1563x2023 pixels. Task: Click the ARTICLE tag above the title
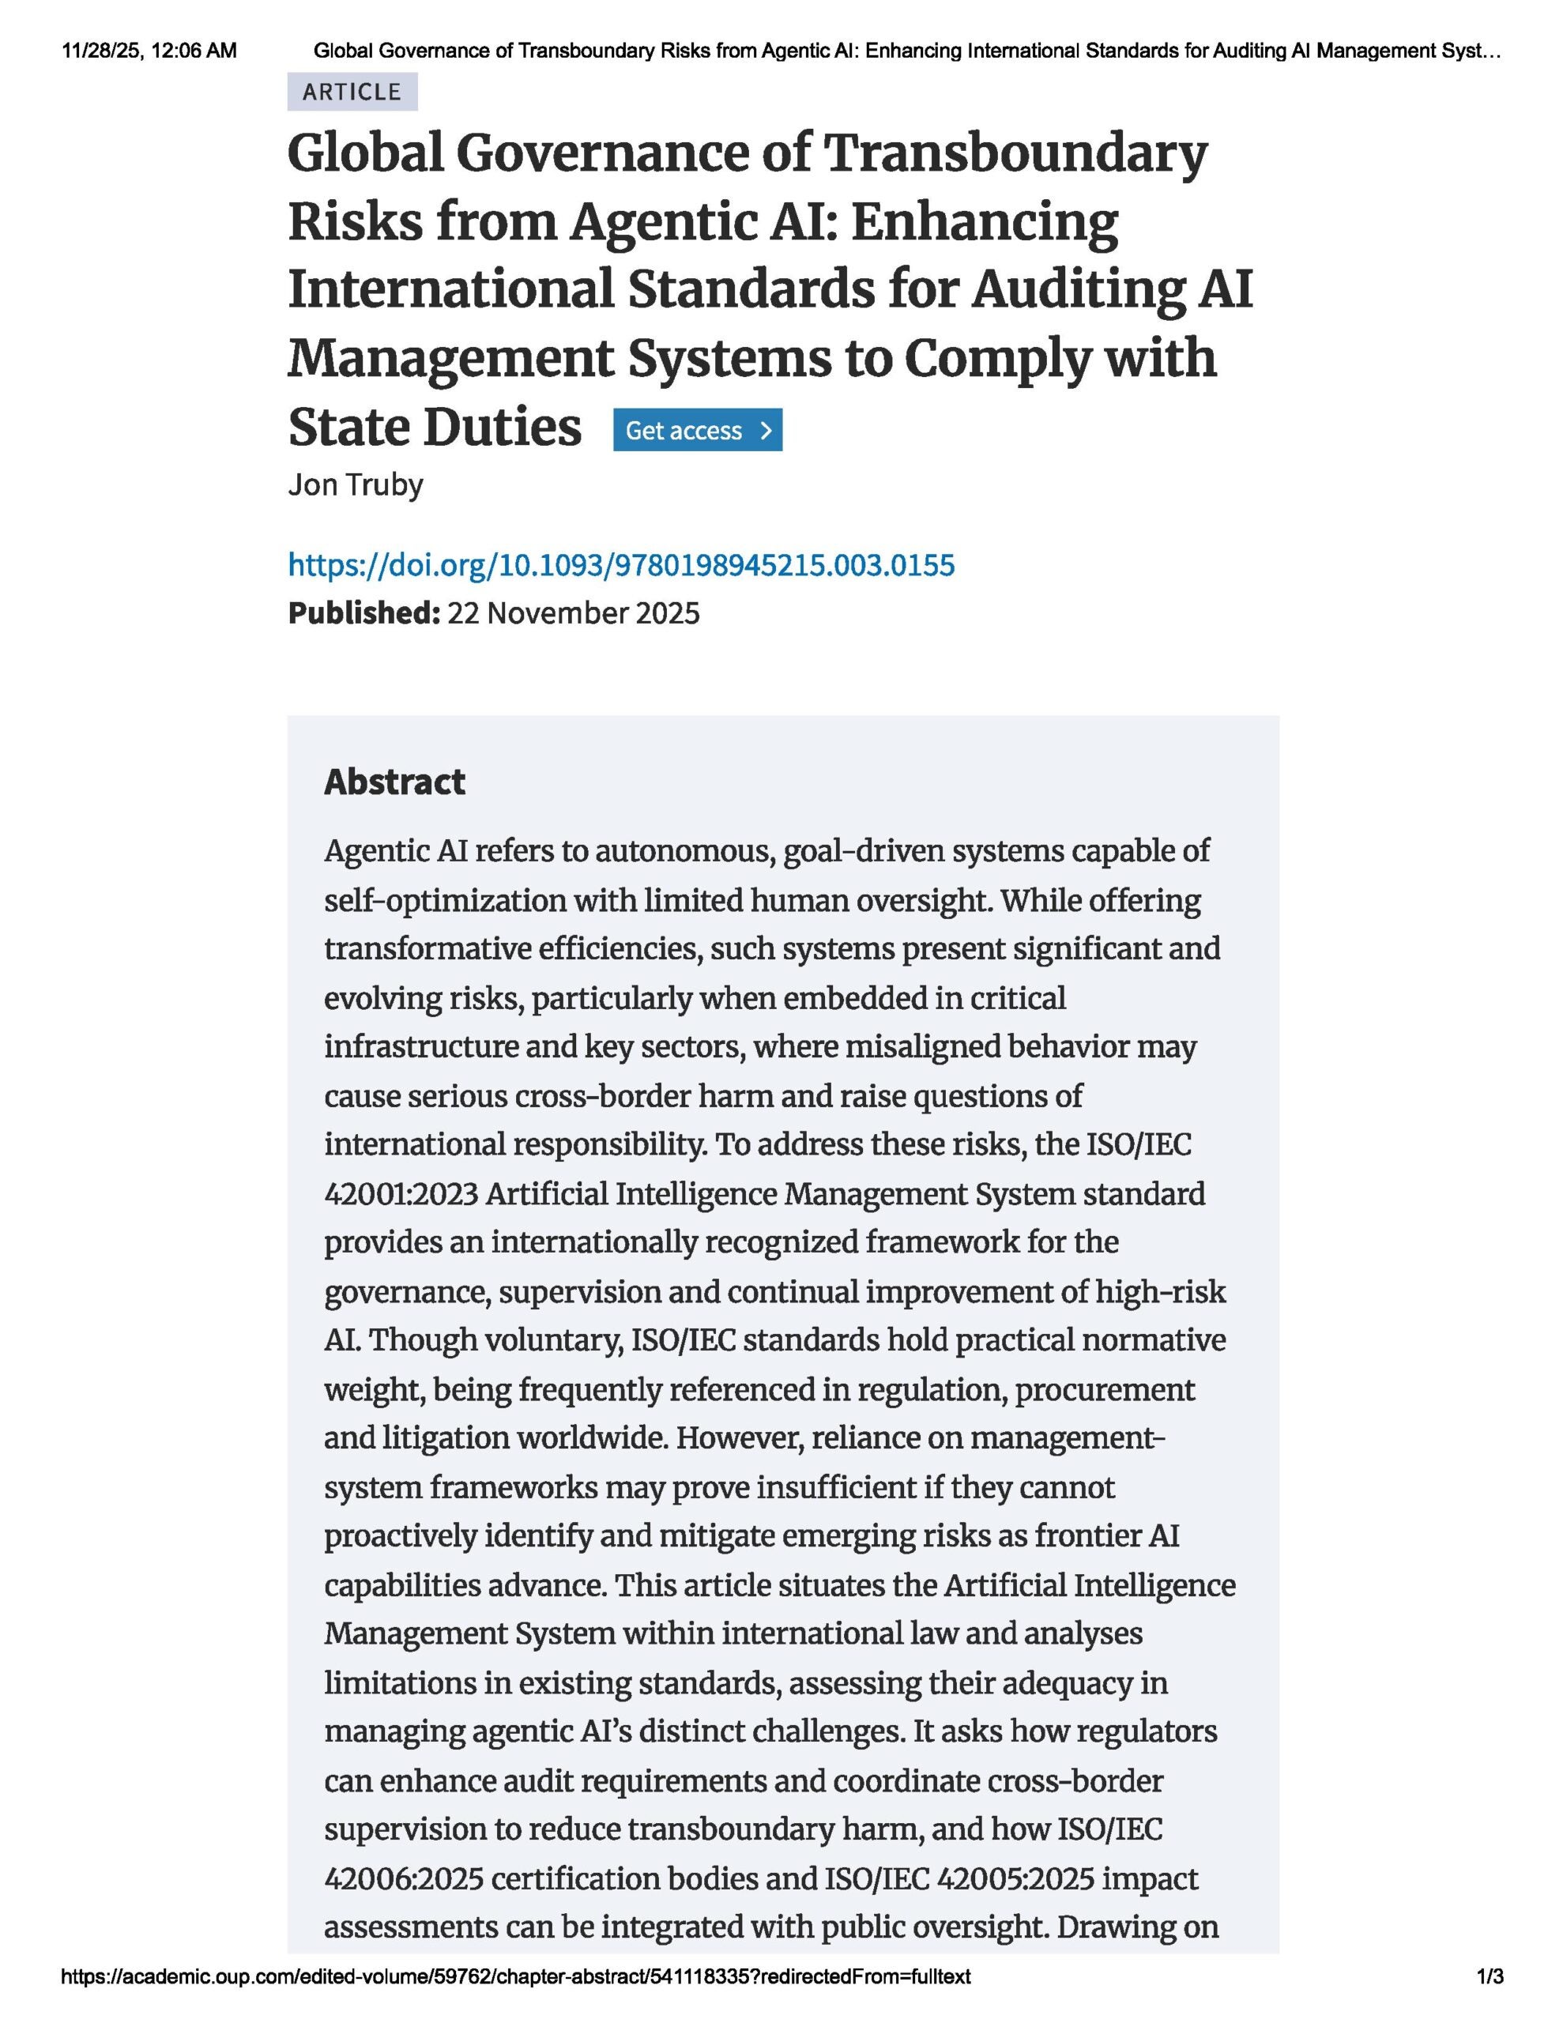pos(352,92)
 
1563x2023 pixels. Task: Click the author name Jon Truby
pos(356,484)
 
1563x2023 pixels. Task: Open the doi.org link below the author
pos(621,565)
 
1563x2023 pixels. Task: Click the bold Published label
pos(363,613)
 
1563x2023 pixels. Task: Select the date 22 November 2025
pos(574,613)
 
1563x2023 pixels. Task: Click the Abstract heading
pos(394,782)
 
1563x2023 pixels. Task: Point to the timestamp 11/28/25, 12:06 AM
pos(149,51)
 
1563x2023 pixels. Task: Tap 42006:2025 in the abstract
pos(404,1878)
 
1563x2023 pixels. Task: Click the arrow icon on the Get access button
pos(765,431)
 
